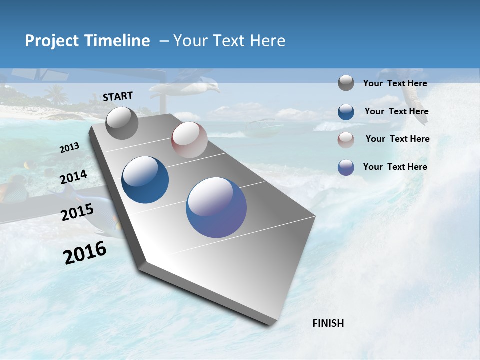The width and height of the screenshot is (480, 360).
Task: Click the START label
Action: click(x=118, y=96)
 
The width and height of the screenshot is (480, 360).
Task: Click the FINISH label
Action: click(x=328, y=323)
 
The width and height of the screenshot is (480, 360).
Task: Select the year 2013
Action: click(x=70, y=148)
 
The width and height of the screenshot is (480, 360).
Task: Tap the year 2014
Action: click(x=74, y=177)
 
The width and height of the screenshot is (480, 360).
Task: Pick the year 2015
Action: click(x=77, y=212)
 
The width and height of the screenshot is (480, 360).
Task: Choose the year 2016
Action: click(x=85, y=253)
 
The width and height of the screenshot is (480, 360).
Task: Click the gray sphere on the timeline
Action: click(x=122, y=123)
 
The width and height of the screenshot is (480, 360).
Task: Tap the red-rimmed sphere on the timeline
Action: click(x=189, y=140)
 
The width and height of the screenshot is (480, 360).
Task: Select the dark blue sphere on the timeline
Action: click(x=145, y=180)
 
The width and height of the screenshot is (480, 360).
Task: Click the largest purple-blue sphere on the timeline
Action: click(x=216, y=207)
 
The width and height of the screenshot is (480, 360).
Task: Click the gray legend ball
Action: click(x=346, y=83)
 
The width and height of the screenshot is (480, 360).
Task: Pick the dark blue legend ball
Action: click(x=346, y=112)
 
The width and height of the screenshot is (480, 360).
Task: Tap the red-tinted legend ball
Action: click(x=346, y=139)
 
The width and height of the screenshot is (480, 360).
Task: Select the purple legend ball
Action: click(x=346, y=167)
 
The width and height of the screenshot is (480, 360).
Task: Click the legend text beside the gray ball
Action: click(x=395, y=84)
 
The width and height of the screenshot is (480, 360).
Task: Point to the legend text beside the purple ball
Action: click(x=395, y=167)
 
